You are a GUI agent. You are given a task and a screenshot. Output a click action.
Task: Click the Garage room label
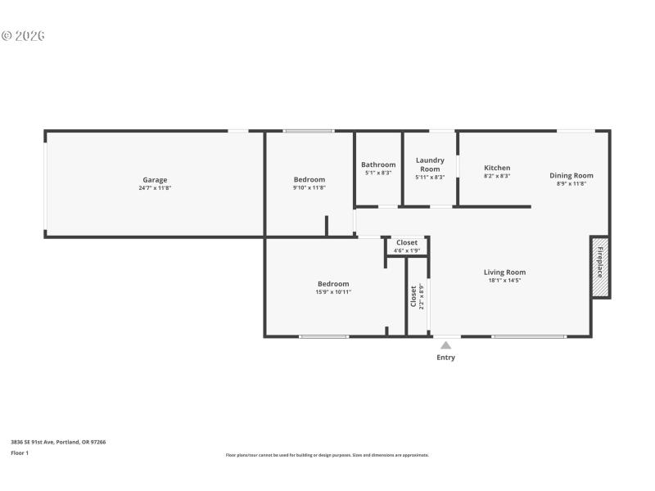pos(155,180)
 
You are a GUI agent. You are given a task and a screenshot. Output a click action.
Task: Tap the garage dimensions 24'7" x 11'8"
pos(155,188)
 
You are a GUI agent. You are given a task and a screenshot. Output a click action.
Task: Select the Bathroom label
pos(378,164)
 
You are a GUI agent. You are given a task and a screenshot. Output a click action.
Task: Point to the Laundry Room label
pos(430,164)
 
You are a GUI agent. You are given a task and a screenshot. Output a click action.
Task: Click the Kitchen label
pos(497,168)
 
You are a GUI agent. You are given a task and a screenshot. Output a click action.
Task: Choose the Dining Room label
pos(571,175)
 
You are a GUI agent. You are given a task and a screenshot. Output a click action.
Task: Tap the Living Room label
pos(504,273)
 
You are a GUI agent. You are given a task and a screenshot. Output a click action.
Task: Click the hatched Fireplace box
pos(599,268)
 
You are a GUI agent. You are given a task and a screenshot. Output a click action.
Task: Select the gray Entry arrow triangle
pos(445,345)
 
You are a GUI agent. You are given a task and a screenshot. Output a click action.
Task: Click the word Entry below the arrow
pos(445,358)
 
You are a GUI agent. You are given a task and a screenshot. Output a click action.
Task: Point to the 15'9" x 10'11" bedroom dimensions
pos(333,292)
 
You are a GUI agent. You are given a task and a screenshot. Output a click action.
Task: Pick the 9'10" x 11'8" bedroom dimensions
pos(309,188)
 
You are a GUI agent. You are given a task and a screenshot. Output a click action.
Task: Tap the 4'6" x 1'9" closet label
pos(407,250)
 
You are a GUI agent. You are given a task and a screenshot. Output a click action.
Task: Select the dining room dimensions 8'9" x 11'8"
pos(571,183)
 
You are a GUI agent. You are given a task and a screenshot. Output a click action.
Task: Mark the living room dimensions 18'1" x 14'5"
pos(504,281)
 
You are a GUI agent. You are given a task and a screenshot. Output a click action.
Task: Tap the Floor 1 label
pos(20,453)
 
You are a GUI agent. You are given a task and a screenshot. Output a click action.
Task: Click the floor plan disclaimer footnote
pos(327,455)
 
